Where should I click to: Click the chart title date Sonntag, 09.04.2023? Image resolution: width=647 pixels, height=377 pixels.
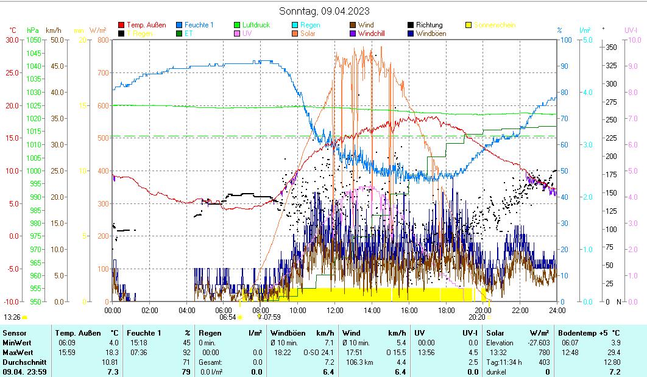(x=323, y=11)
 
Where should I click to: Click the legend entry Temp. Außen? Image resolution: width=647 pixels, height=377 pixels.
(x=146, y=25)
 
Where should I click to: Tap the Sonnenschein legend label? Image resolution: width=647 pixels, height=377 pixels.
(x=494, y=25)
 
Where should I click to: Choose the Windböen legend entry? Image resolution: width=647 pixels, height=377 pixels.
(x=431, y=33)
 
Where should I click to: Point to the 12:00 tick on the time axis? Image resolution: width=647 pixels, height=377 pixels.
(x=335, y=310)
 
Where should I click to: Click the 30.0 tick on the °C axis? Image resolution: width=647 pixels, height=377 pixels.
(x=12, y=40)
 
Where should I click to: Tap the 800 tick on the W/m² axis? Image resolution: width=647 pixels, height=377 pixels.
(x=102, y=40)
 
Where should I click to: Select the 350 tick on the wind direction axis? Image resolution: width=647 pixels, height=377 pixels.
(x=611, y=48)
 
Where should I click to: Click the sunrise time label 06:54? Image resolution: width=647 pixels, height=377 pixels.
(x=227, y=317)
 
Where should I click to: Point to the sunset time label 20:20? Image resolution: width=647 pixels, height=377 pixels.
(x=476, y=317)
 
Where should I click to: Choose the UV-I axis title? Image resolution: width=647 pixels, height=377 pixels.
(x=631, y=30)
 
